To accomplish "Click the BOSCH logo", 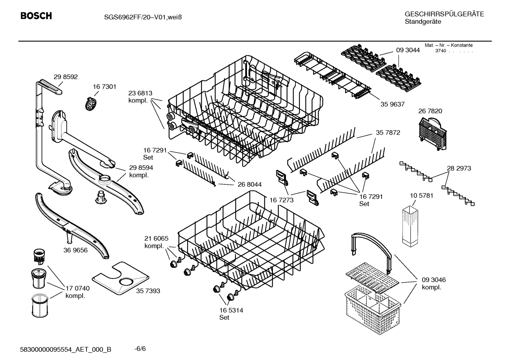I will click(36, 16).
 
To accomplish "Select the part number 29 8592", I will click(66, 77).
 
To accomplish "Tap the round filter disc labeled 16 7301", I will click(91, 104).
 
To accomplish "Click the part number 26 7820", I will click(430, 111).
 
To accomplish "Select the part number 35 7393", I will click(148, 291).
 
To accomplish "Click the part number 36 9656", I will click(76, 250).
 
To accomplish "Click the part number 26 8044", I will click(250, 184).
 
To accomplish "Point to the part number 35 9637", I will click(392, 104).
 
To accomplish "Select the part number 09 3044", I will click(408, 50).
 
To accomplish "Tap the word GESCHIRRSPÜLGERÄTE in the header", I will click(444, 14).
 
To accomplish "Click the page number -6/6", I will click(140, 349).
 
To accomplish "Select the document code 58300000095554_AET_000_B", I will click(66, 349).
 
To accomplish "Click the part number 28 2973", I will click(459, 168).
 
